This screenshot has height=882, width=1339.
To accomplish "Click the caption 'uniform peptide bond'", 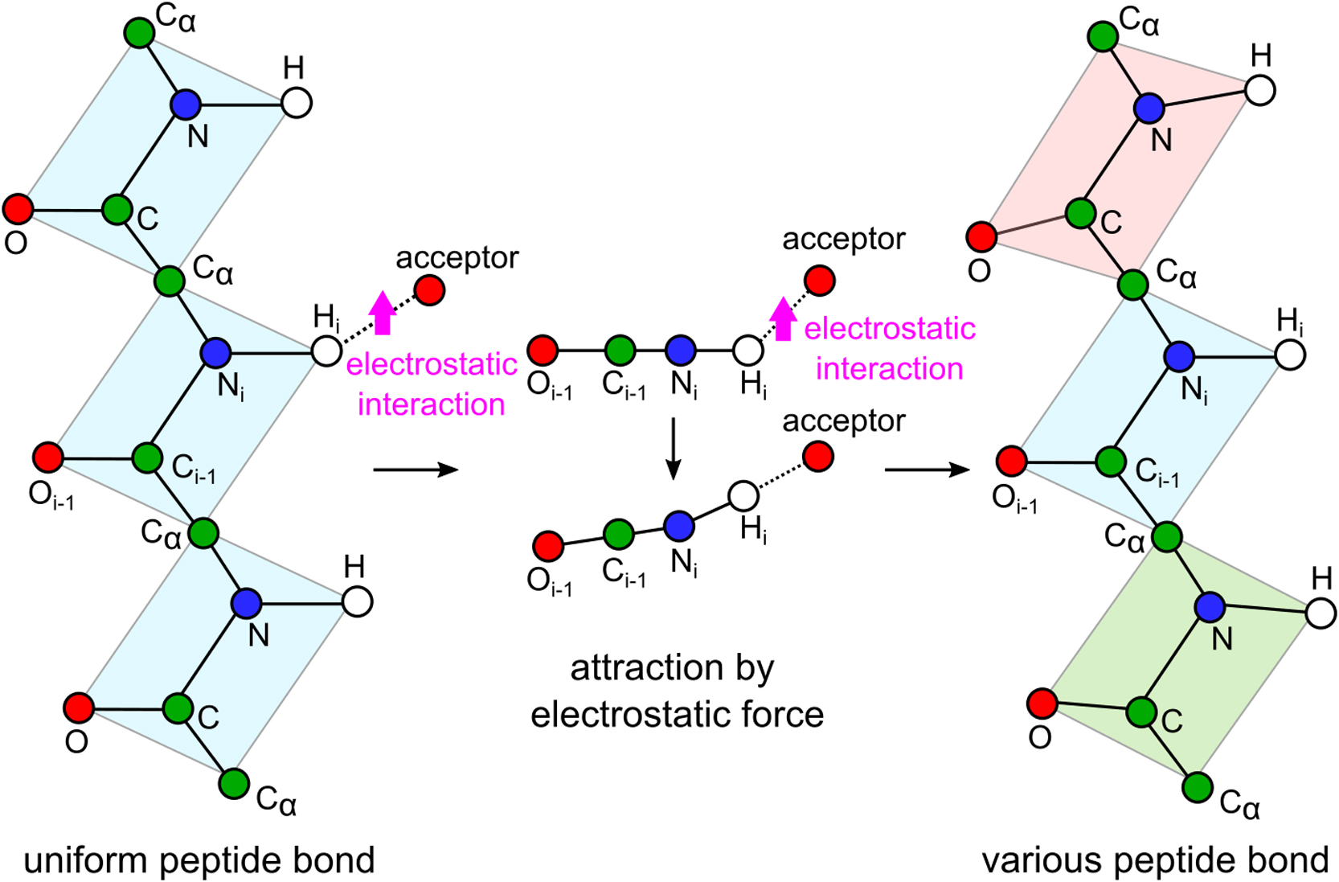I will pos(199,860).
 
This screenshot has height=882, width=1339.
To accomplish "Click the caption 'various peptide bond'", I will pos(1155,860).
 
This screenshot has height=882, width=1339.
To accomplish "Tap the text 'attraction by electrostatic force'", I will pos(675,691).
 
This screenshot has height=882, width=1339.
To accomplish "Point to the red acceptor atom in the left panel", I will pos(429,289).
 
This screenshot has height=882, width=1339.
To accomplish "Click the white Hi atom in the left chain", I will pos(326,351).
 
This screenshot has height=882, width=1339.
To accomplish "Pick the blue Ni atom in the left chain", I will pos(215,351).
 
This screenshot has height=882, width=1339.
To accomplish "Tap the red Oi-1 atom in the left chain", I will pos(48,457).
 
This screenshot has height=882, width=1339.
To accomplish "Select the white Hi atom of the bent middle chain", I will pos(743,496).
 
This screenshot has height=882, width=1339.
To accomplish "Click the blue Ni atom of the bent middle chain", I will pos(679,525).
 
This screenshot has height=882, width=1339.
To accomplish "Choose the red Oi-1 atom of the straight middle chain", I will pos(543,351).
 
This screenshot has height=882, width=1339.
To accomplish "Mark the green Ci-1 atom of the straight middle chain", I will pos(620,351).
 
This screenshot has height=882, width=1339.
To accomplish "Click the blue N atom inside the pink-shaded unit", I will pos(1150,107).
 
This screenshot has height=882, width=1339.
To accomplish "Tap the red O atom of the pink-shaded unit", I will pos(981,237).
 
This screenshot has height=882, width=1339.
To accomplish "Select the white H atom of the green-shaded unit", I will pos(1321,613).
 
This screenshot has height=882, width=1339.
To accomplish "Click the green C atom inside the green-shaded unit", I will pos(1141,712).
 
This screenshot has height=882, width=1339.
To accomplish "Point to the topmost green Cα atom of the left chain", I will pos(140,33).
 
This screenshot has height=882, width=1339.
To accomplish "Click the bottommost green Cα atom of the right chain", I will pos(1198,787).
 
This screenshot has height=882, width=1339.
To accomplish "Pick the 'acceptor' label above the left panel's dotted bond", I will pos(457,258).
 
